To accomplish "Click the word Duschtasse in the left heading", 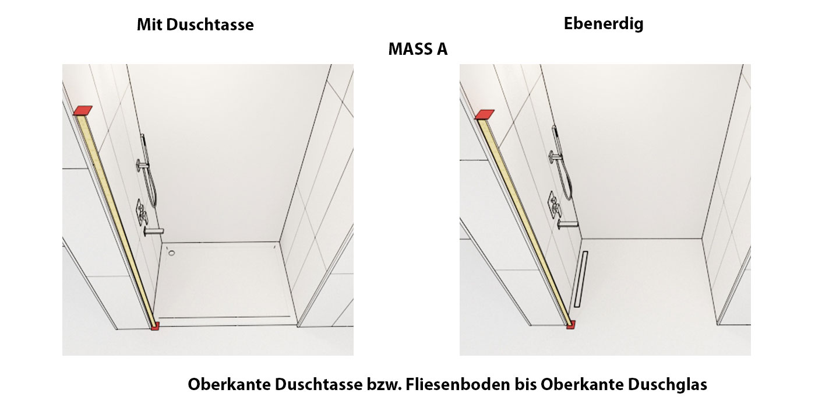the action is click(210, 24).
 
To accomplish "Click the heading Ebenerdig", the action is click(604, 24).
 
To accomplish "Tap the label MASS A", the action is click(418, 49).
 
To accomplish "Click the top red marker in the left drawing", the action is click(83, 111).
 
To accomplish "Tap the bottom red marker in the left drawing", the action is click(155, 326).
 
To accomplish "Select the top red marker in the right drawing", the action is click(485, 114).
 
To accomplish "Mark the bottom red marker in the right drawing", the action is click(571, 324).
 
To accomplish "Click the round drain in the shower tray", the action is click(171, 253).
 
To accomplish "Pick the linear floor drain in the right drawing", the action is click(581, 279).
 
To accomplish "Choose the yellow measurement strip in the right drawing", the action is click(524, 220).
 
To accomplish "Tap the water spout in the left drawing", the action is click(154, 231).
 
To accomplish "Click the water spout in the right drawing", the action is click(567, 224).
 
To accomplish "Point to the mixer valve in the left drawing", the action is click(142, 212).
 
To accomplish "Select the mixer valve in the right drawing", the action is click(553, 205).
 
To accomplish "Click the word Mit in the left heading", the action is click(149, 24).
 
